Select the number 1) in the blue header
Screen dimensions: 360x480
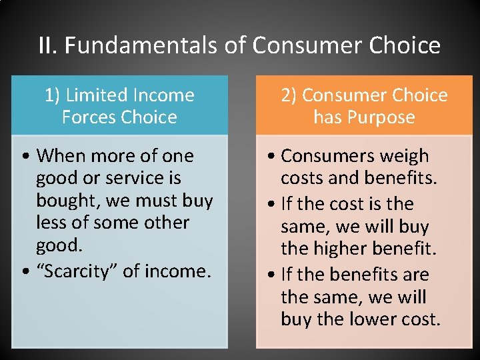[x=53, y=95]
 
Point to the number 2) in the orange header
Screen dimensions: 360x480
[x=289, y=95]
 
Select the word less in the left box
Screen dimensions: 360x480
[x=49, y=223]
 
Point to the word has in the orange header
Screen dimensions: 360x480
[x=327, y=117]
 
